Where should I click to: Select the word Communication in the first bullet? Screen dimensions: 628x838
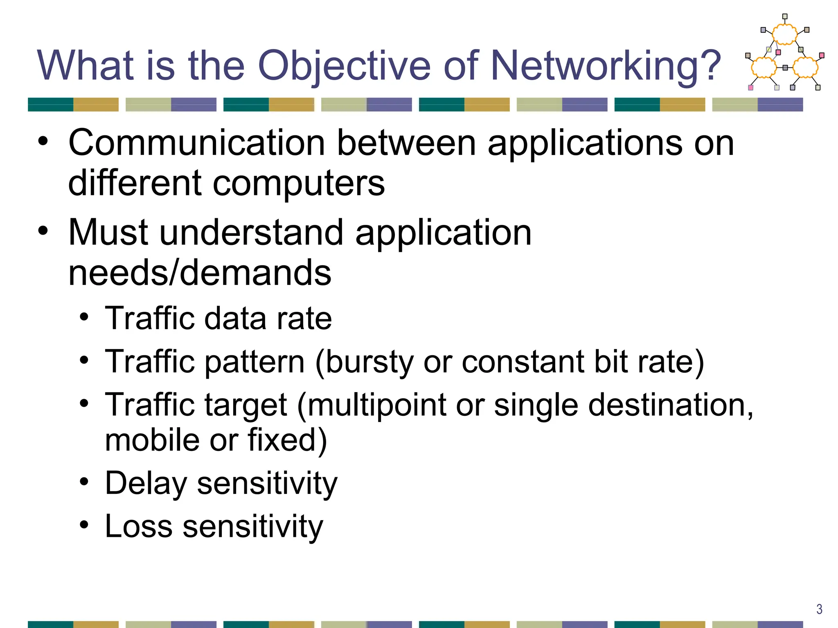196,143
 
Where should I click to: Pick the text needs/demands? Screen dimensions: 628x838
200,273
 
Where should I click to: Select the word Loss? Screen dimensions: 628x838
139,527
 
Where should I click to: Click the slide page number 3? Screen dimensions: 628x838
819,609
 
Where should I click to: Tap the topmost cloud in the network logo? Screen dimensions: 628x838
784,34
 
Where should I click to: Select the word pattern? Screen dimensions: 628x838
255,362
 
